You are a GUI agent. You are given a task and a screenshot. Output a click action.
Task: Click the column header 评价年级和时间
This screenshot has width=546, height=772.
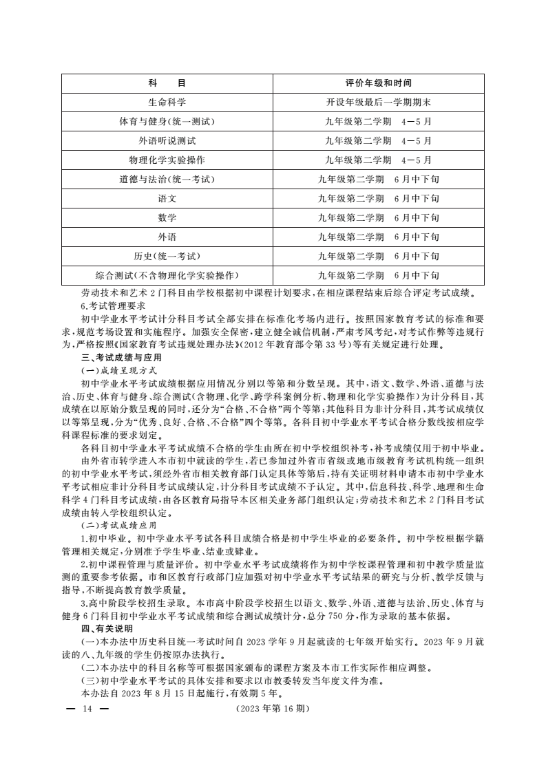(x=378, y=83)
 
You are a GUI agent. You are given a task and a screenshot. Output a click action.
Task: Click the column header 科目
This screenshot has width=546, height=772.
(x=167, y=83)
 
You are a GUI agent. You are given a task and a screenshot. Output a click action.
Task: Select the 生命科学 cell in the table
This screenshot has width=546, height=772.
(x=167, y=103)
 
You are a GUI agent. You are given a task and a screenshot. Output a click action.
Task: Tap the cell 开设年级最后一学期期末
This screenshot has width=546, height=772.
(x=378, y=103)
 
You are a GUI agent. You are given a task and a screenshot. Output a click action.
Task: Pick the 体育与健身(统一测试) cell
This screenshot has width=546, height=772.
(x=167, y=122)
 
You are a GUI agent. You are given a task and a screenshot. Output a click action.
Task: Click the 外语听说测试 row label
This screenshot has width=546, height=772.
(x=167, y=141)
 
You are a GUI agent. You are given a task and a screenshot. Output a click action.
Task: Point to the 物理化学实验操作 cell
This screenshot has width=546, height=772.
(x=167, y=160)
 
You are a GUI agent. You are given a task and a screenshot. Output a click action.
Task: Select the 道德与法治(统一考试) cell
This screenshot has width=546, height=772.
(x=167, y=180)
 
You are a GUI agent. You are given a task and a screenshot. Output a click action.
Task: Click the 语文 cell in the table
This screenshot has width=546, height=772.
(x=167, y=199)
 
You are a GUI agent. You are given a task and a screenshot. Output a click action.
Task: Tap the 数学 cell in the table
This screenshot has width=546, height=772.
(x=167, y=218)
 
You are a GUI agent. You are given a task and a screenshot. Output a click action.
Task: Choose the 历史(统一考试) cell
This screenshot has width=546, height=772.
(x=167, y=257)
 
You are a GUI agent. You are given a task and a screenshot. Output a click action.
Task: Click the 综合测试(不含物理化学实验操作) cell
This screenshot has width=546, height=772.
(x=167, y=276)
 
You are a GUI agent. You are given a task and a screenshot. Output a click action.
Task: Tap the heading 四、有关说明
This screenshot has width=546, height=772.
(x=107, y=629)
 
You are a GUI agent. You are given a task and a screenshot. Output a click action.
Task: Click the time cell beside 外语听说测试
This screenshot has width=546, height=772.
(x=378, y=141)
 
